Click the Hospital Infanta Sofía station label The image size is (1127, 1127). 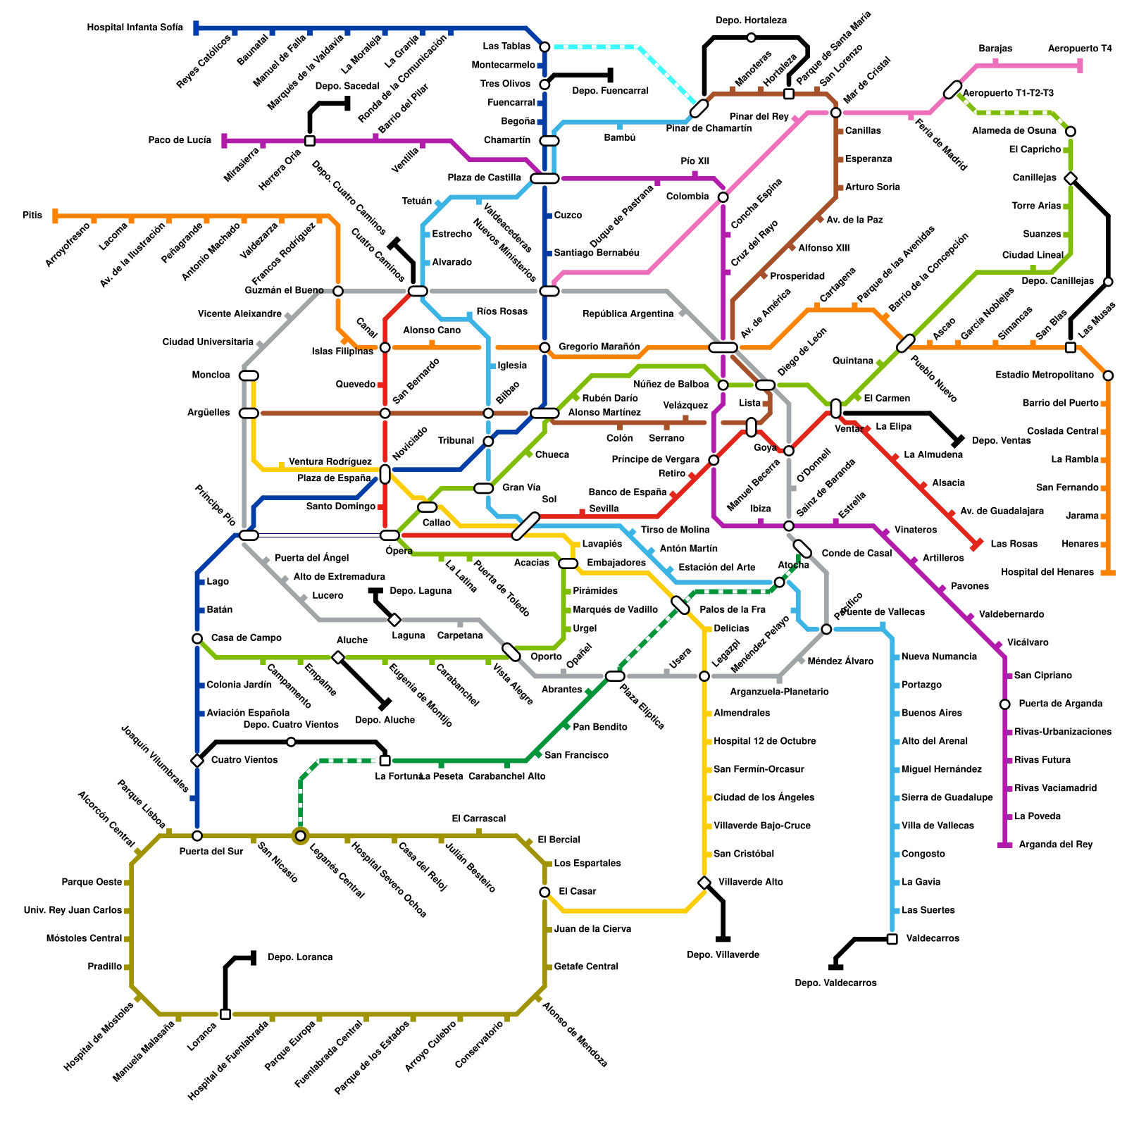tap(135, 28)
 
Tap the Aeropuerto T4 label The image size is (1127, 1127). tap(1080, 49)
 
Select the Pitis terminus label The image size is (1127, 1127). tap(32, 215)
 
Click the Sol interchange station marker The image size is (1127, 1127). tap(525, 526)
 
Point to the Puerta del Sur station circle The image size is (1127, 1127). tap(197, 835)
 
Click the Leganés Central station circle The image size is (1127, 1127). tap(301, 835)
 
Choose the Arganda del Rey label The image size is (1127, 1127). tap(1056, 845)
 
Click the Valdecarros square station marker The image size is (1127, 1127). tap(892, 939)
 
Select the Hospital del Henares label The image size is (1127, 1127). tap(1047, 572)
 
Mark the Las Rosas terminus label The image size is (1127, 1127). tap(1014, 544)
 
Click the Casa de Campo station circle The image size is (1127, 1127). tap(197, 638)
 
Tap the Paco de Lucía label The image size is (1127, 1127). tap(180, 140)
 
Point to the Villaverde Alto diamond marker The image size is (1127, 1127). tap(704, 883)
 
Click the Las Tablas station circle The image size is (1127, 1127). tap(544, 46)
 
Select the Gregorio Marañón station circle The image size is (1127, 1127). tap(544, 347)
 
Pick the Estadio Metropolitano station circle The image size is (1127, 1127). tap(1108, 375)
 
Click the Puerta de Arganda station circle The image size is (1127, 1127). tap(1005, 704)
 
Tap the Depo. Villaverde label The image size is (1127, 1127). tap(723, 955)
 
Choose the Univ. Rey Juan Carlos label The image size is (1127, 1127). tap(73, 910)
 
